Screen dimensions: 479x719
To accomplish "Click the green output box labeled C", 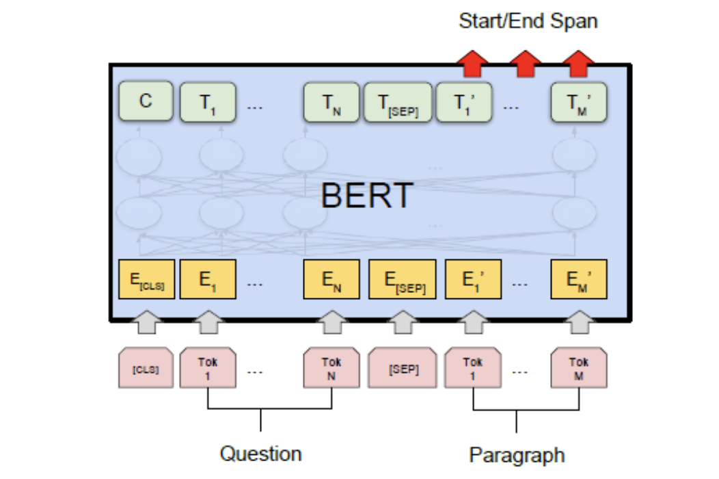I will (146, 103).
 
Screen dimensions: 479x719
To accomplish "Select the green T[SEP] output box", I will (398, 103).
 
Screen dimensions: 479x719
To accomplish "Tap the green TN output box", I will (331, 103).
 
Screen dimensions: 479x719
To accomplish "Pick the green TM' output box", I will (579, 103).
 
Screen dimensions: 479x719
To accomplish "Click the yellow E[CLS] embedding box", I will (147, 279).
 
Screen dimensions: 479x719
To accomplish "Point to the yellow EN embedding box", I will (331, 279).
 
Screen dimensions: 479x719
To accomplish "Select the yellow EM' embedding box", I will (579, 279).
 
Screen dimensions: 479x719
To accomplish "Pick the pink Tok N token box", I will (331, 368).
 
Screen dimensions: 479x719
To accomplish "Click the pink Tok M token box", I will (579, 368).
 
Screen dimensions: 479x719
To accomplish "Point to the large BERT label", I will (367, 196).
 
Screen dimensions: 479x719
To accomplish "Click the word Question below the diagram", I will (260, 453).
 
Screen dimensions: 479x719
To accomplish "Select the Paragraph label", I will (517, 454).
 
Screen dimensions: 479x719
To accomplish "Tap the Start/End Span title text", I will (528, 21).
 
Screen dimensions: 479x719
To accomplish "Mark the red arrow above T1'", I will (472, 62).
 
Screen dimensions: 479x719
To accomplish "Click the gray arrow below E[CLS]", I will (146, 322).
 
